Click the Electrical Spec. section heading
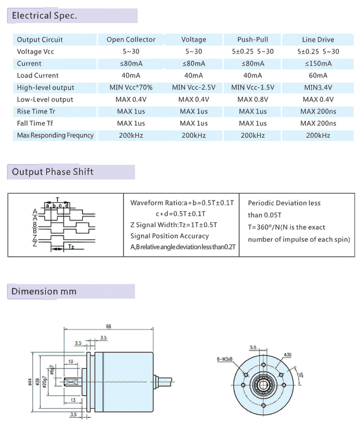click(44, 15)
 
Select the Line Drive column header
click(318, 40)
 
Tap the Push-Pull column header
click(252, 40)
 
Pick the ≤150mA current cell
click(318, 63)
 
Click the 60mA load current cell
click(318, 76)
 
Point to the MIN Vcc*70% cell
click(131, 87)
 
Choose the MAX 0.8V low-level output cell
click(252, 99)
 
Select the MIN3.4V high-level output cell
click(318, 87)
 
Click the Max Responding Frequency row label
click(55, 135)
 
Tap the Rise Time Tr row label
click(36, 111)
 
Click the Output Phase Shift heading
click(53, 171)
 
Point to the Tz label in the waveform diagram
click(71, 247)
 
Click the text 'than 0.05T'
click(265, 215)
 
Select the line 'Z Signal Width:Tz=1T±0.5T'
click(174, 225)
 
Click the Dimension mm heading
click(44, 291)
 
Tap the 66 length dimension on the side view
click(108, 326)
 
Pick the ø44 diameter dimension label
click(30, 382)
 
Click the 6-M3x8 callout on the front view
click(225, 359)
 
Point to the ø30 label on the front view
click(288, 355)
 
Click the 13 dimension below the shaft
click(73, 400)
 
